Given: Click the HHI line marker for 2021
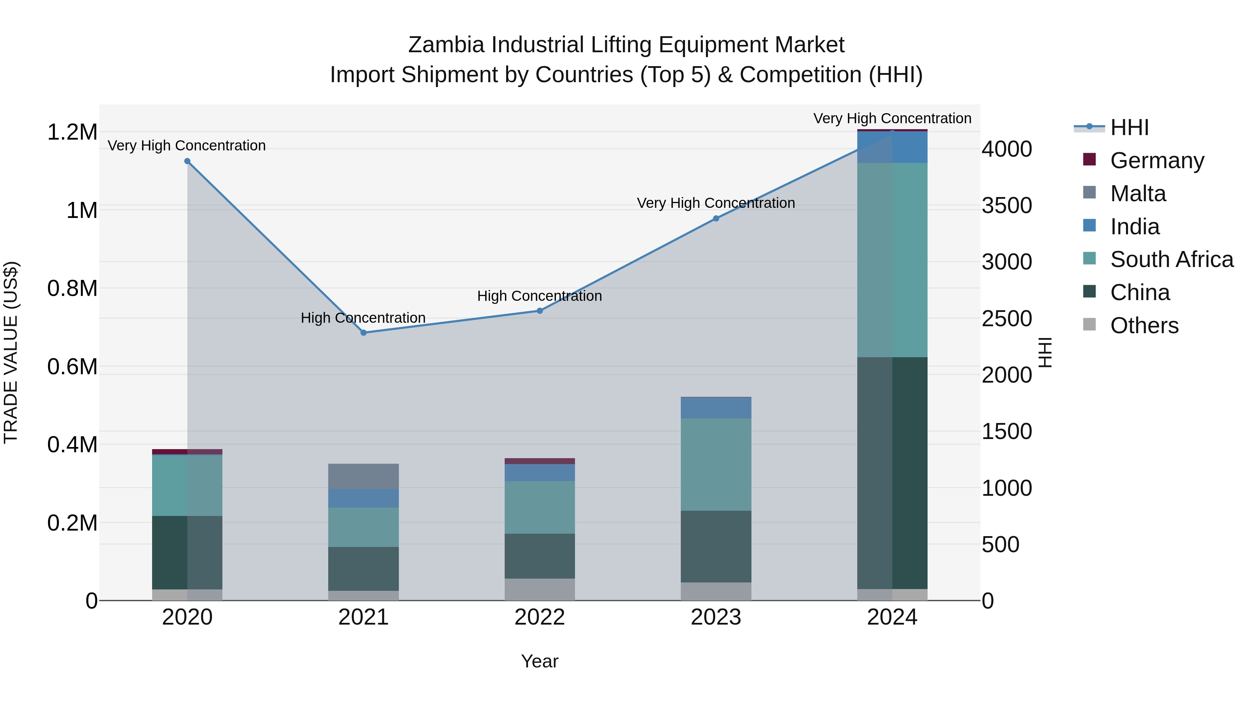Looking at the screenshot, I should pos(363,333).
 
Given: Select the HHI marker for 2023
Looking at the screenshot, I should pos(716,218).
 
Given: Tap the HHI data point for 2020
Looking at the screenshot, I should pos(187,161).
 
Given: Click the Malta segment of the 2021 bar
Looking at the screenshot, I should pos(363,476).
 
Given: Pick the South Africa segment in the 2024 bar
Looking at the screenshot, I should pos(892,260).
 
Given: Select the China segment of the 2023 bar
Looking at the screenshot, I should pos(716,546).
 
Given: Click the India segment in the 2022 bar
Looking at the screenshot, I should pos(539,472).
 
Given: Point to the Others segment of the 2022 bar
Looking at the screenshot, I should pos(539,589).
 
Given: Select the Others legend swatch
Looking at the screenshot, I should pos(1089,324).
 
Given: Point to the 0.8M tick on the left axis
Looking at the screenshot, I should pos(72,289).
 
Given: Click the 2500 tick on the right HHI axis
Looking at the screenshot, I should pos(1006,319).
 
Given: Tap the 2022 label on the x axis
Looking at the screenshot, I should pos(539,617).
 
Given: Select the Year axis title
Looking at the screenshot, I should pos(539,661).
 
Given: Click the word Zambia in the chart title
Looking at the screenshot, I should pos(446,45).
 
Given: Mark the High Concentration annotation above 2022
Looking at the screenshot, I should pos(539,296).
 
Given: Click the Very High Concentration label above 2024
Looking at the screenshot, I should pos(892,118).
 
